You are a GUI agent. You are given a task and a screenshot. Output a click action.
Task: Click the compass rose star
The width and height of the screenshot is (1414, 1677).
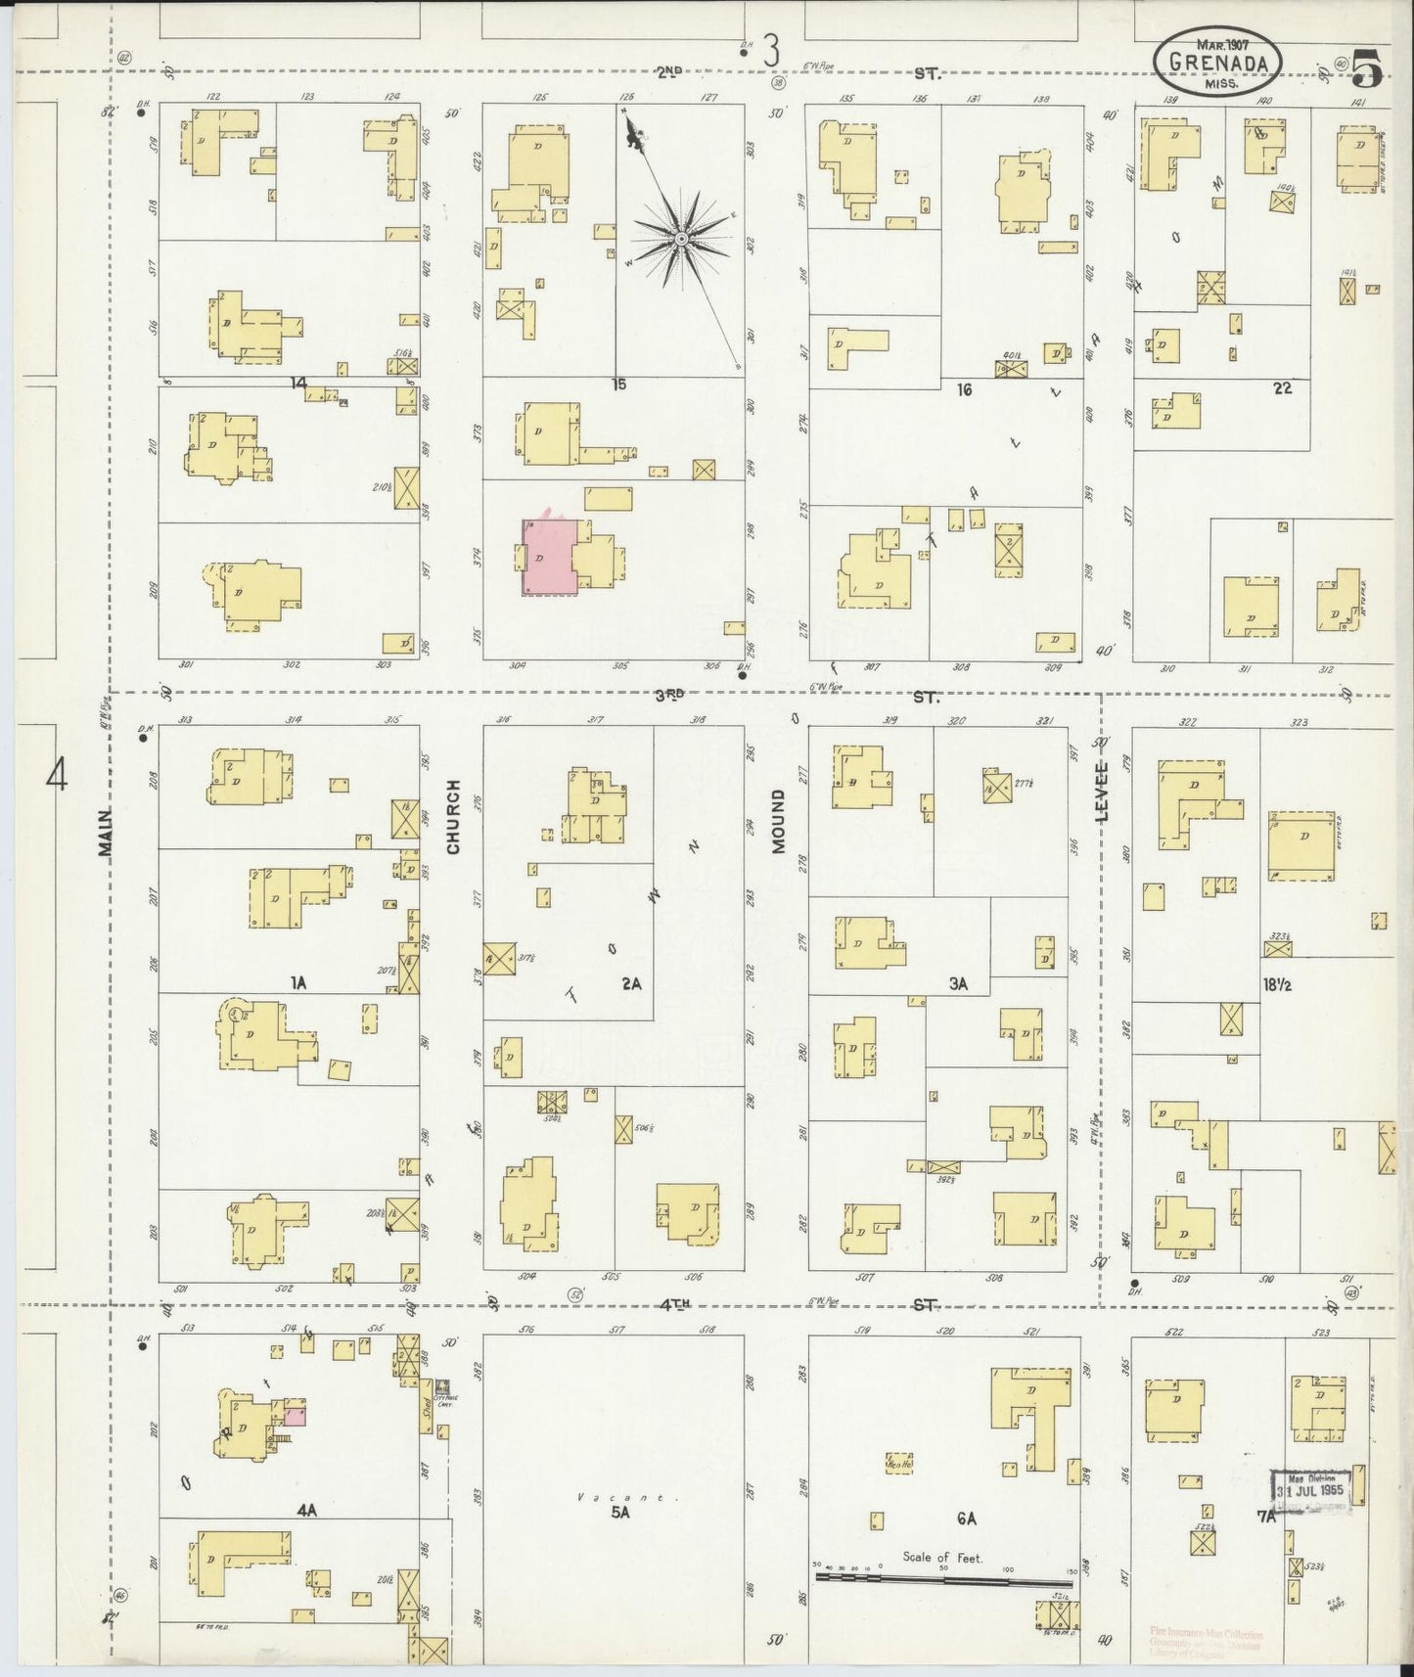[680, 238]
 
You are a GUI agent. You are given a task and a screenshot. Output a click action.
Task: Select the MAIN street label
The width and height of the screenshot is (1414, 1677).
[107, 833]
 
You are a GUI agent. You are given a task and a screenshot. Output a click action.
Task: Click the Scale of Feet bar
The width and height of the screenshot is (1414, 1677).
[944, 1578]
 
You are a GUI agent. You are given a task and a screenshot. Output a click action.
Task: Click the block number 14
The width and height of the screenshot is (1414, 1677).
[298, 383]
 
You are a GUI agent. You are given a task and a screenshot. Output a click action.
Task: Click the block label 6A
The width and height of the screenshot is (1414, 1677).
[967, 1518]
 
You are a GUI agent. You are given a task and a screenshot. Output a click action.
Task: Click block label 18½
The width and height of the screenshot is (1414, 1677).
[1276, 985]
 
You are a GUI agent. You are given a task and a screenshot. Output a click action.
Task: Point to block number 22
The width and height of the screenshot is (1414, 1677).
[1282, 388]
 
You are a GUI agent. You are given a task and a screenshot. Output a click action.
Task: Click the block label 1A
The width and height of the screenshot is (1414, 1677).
[298, 983]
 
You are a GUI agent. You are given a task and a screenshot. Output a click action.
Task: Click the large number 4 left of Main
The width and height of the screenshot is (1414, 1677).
[59, 778]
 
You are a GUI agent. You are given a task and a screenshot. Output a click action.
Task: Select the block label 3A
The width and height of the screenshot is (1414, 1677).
[958, 984]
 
